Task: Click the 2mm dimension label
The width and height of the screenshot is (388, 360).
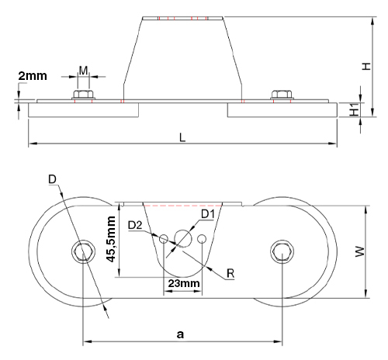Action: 33,76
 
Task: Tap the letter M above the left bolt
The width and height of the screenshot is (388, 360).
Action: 83,71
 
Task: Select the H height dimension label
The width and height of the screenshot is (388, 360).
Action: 366,67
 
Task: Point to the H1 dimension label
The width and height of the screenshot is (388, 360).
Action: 355,109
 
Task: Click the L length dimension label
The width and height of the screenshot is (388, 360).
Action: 182,137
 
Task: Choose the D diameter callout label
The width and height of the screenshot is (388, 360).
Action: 52,179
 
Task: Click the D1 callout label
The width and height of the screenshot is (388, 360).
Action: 208,214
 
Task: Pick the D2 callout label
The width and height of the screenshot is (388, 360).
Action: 135,225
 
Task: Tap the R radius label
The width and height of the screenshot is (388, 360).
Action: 230,274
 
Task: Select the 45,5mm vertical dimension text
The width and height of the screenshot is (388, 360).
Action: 111,239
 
